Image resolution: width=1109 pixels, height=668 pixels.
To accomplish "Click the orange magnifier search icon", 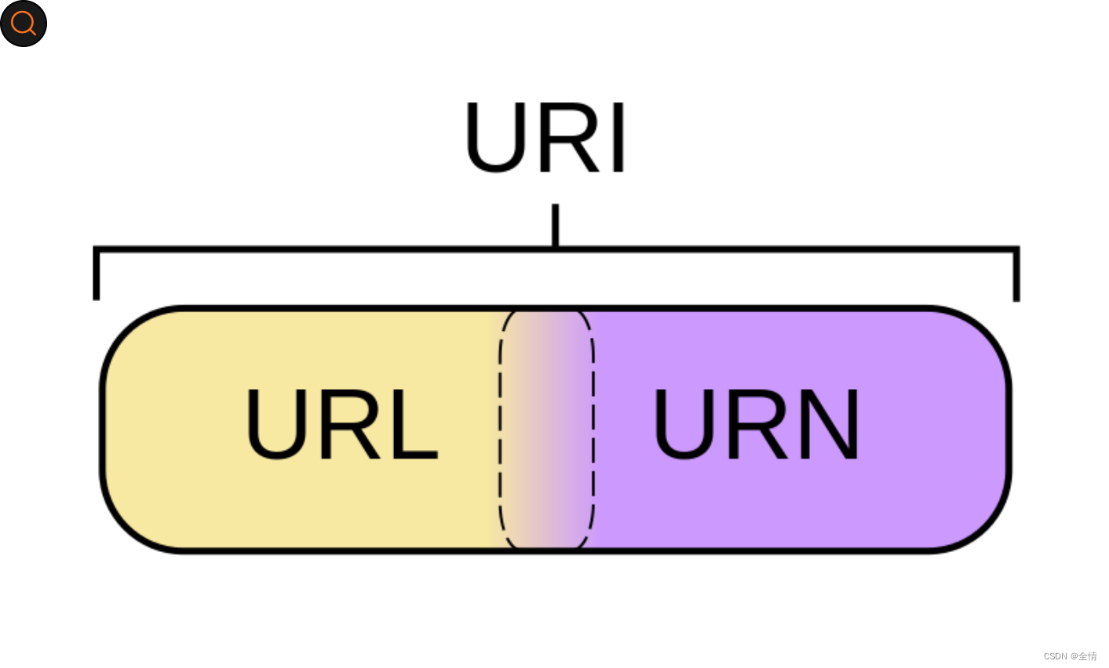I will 24,24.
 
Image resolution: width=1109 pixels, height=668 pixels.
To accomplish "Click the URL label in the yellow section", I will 341,424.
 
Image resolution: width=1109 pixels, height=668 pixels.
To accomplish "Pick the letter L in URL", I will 413,424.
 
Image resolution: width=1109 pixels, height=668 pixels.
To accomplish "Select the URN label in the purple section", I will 756,424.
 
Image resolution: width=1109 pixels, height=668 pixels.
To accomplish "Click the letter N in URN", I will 830,424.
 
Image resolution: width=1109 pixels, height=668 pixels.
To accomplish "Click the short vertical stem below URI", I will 555,226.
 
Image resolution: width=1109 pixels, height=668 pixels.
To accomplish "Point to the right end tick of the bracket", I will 1016,276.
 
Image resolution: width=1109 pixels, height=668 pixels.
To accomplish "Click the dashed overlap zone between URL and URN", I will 546,430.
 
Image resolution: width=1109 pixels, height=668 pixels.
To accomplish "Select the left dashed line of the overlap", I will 500,430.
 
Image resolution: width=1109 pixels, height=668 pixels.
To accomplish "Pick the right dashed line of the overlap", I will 593,430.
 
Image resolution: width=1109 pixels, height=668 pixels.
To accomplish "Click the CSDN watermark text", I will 1070,656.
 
